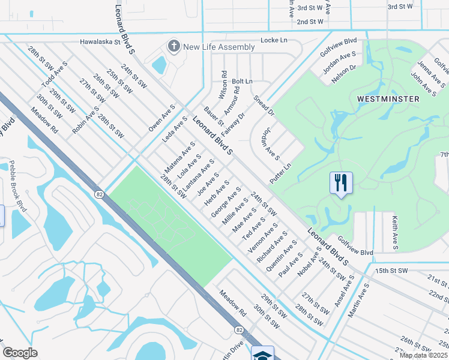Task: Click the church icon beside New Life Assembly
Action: click(x=174, y=46)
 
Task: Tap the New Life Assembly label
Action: click(x=219, y=47)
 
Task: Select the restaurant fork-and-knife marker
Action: click(x=341, y=183)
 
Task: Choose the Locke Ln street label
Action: click(x=274, y=40)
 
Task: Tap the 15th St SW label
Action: click(x=391, y=271)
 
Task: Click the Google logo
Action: click(x=20, y=352)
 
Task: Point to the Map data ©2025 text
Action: click(x=423, y=355)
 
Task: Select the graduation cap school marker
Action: click(x=262, y=354)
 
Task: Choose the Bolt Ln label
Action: click(x=243, y=81)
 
